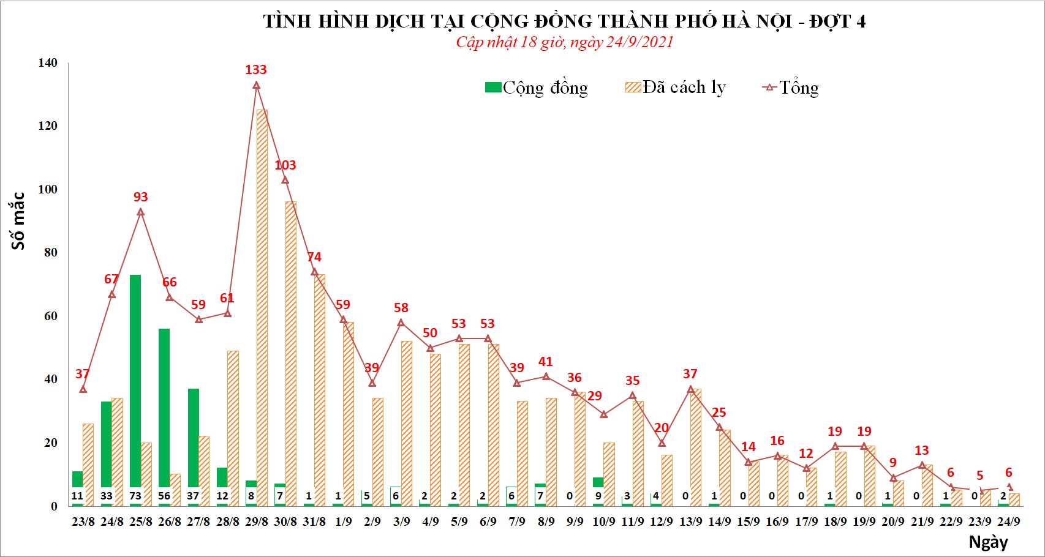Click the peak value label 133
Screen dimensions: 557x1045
point(256,70)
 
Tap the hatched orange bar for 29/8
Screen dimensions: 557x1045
point(262,306)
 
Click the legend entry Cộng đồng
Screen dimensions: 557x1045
point(537,88)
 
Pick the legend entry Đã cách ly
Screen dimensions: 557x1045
point(676,88)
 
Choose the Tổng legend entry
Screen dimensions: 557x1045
point(791,88)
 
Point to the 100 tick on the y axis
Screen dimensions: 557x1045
point(47,189)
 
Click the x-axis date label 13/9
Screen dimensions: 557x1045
point(691,521)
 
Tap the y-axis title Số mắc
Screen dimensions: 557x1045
point(18,221)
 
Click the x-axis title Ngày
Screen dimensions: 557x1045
point(988,542)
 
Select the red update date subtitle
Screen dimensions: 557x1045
point(564,42)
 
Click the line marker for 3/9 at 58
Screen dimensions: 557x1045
point(401,323)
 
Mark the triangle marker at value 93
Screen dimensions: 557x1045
point(141,212)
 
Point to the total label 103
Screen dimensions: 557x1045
point(285,165)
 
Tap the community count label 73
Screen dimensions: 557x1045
point(135,496)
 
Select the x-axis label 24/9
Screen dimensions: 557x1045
point(1008,521)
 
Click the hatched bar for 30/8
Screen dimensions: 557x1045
point(291,349)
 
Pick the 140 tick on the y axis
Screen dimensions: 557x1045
point(47,62)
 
